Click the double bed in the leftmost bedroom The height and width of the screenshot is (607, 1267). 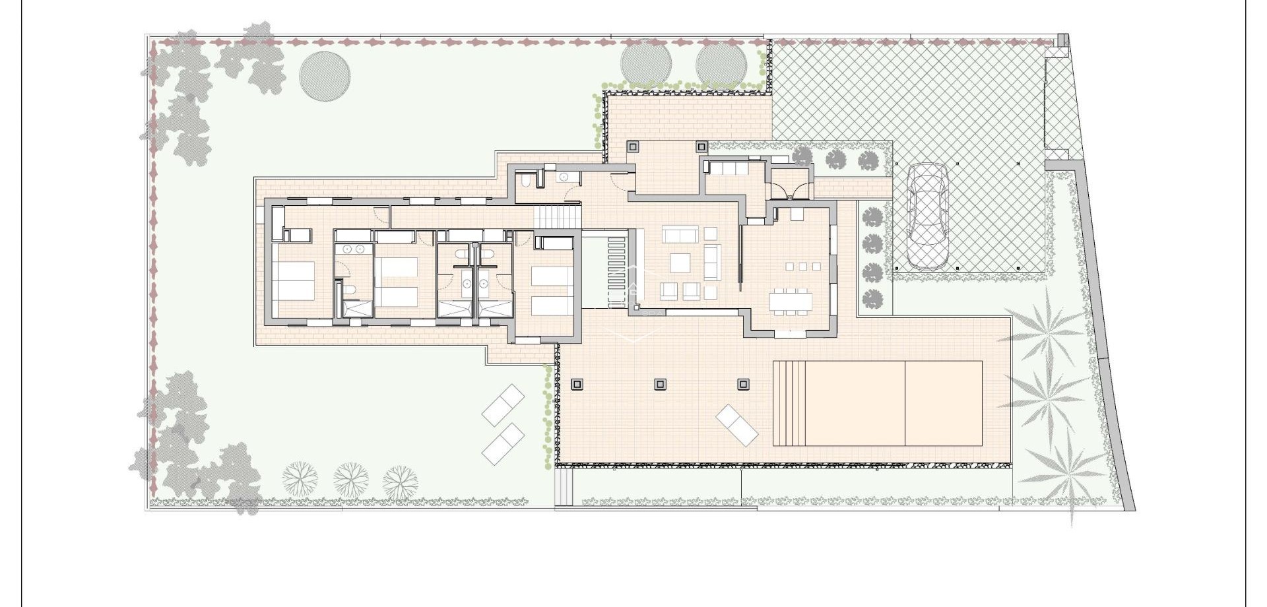pyautogui.click(x=294, y=280)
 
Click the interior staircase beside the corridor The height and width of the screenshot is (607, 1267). pyautogui.click(x=557, y=215)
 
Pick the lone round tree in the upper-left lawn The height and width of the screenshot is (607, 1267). pyautogui.click(x=325, y=76)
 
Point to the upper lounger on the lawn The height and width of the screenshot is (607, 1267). pyautogui.click(x=504, y=405)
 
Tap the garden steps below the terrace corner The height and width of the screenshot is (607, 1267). pyautogui.click(x=563, y=488)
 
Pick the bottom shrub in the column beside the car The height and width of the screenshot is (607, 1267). pyautogui.click(x=872, y=298)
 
